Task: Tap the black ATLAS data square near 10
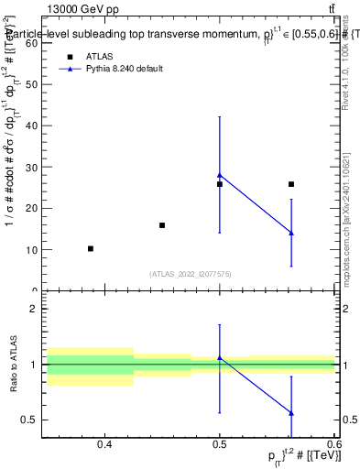click(x=91, y=249)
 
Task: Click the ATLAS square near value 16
click(x=162, y=225)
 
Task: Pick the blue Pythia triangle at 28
click(x=220, y=174)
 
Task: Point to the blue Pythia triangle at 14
click(x=291, y=233)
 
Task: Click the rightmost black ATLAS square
click(x=291, y=184)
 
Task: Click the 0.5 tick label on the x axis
click(x=220, y=445)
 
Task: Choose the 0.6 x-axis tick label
click(x=333, y=445)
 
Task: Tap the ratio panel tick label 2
click(x=34, y=309)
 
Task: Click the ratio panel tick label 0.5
click(x=29, y=420)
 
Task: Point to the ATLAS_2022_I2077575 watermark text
click(x=190, y=273)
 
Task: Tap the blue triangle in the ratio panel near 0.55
click(x=291, y=413)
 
